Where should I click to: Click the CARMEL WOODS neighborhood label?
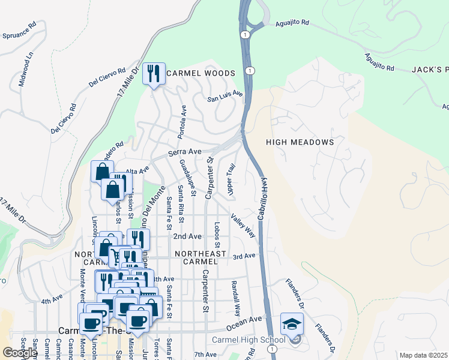click(200, 73)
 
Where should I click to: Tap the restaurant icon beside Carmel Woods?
click(154, 74)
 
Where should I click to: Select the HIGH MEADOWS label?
click(300, 142)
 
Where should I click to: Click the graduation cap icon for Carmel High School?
click(292, 325)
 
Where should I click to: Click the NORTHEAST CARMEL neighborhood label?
click(200, 254)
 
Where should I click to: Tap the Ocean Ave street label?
click(244, 323)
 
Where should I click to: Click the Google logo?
click(20, 353)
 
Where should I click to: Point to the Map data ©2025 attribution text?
click(424, 355)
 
